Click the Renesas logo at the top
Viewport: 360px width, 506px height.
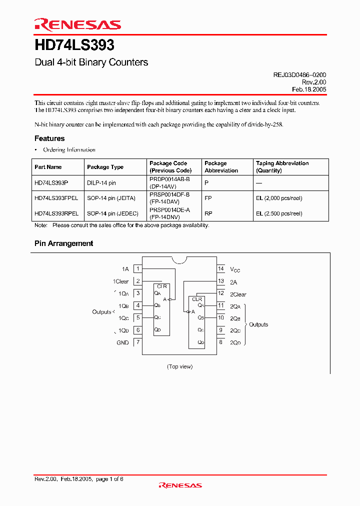pos(77,24)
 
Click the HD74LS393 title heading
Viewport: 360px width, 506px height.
pos(74,45)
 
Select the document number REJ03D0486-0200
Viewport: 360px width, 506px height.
pos(299,74)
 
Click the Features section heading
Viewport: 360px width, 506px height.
pos(49,138)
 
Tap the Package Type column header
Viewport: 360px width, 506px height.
pos(105,167)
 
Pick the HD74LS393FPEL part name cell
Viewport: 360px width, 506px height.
pos(56,198)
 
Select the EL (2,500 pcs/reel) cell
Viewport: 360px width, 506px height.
pos(279,213)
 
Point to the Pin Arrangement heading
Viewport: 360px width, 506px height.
pos(63,243)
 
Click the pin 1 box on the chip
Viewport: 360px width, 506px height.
pos(138,269)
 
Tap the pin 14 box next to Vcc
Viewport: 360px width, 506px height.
pos(220,269)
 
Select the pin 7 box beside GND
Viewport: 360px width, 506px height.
pos(138,342)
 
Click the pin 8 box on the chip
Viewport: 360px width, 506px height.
pos(220,342)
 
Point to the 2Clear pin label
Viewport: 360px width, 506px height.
pos(238,294)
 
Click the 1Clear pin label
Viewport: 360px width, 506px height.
pos(120,281)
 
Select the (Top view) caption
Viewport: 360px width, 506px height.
pos(179,366)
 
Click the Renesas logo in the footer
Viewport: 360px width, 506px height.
pos(180,485)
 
